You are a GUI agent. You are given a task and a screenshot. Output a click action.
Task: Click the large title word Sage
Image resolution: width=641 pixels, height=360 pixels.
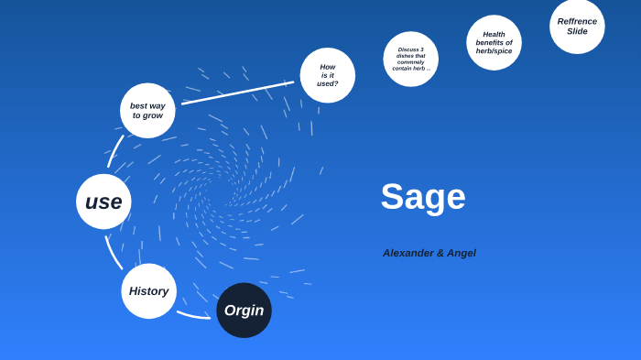coord(423,197)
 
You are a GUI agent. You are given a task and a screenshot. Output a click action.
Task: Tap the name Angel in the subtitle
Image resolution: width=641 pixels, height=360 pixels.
coord(462,253)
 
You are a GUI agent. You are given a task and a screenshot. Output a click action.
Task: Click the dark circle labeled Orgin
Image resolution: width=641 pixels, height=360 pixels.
coord(244,311)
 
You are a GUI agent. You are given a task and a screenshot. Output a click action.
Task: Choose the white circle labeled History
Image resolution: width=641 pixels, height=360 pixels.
coord(148,291)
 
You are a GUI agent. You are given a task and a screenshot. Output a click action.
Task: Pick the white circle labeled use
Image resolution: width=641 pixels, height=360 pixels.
coord(103,202)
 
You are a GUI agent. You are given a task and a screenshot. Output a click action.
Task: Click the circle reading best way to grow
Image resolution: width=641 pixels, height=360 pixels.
coord(147,111)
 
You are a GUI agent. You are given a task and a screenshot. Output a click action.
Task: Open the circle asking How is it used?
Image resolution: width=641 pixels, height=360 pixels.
coord(328,75)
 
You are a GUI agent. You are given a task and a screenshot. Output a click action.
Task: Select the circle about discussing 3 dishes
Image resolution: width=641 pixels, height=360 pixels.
coord(410,59)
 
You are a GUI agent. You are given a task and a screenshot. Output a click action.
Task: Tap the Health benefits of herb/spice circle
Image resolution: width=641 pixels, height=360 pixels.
coord(494,42)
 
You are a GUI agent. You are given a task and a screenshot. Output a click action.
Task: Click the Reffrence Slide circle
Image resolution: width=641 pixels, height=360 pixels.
coord(577,26)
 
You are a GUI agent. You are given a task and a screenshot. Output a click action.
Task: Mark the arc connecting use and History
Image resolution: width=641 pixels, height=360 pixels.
coord(113,252)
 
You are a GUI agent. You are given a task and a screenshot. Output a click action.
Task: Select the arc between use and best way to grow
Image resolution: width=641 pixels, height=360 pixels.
coord(115,151)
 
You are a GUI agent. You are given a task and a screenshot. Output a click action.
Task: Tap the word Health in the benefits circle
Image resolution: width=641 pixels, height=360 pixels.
coord(494,34)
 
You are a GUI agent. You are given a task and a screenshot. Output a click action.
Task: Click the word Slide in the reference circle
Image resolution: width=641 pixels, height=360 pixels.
coord(577,31)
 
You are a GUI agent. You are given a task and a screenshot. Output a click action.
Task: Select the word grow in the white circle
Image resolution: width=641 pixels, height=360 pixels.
coord(152,116)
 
